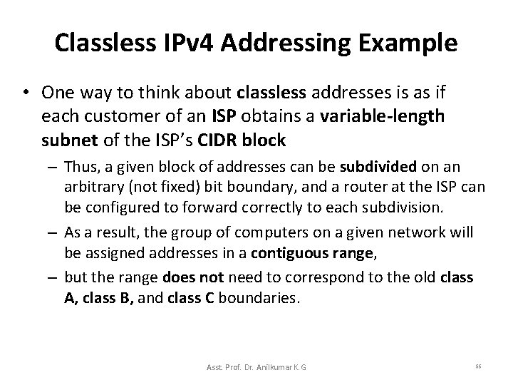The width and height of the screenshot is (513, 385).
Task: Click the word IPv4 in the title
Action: click(x=192, y=43)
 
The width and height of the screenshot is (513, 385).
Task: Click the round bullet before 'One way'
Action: click(x=27, y=93)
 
